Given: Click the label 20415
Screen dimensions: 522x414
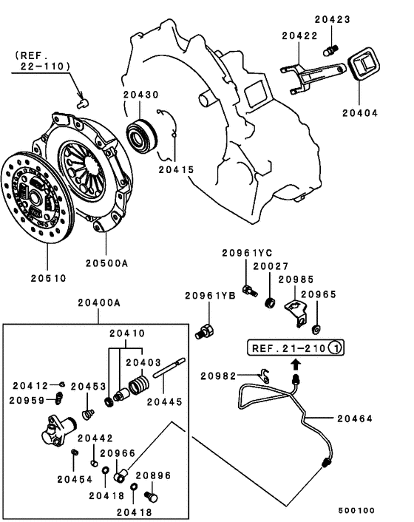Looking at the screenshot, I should click(174, 169).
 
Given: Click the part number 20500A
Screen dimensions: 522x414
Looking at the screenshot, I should click(106, 262).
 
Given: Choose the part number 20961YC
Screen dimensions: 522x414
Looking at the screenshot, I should click(247, 253).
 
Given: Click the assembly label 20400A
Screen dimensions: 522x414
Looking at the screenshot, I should click(98, 303).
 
